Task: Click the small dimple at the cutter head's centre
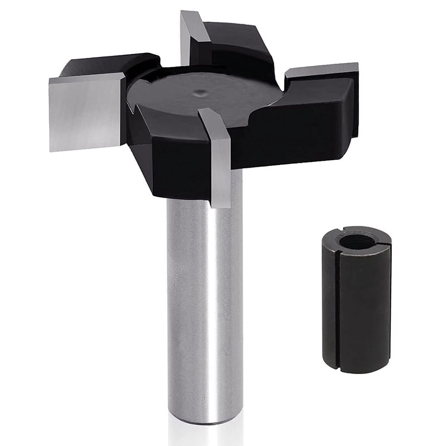tap(198, 92)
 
